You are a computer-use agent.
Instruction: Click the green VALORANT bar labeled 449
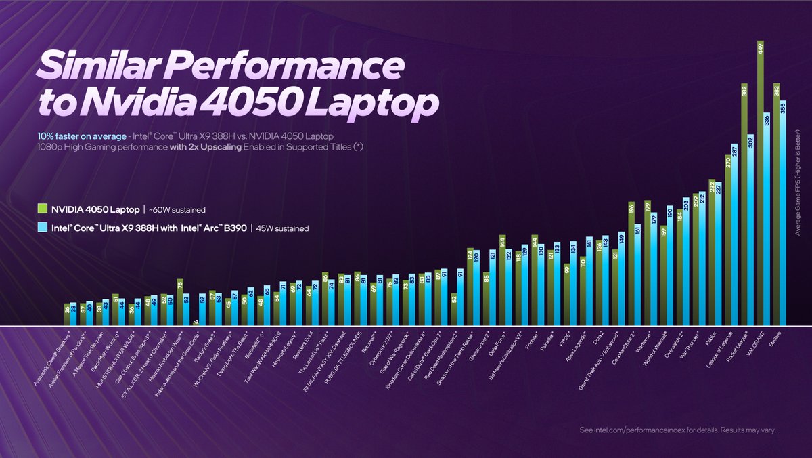coord(761,183)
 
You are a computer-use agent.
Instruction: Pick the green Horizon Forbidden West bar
coord(179,302)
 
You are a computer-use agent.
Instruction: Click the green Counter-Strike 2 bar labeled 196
coord(631,264)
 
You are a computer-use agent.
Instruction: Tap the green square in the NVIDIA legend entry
coord(42,209)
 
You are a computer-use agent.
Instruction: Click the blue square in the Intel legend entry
coord(42,228)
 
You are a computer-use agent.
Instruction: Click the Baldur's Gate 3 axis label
coord(207,343)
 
